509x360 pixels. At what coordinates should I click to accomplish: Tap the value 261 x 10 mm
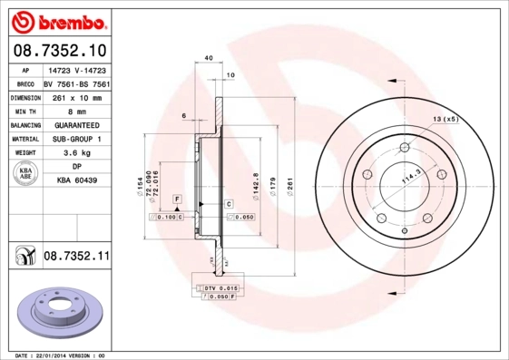76,97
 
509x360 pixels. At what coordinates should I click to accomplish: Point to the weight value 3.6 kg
76,154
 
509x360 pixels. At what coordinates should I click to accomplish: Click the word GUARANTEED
76,125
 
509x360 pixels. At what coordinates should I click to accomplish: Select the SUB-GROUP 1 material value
76,140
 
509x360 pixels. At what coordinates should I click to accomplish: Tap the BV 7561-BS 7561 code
76,83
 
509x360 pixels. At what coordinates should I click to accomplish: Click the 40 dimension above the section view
209,59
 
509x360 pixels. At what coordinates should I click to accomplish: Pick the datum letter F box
178,199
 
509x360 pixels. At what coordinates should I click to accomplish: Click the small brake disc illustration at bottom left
54,314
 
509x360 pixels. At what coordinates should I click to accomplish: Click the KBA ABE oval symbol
25,175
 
